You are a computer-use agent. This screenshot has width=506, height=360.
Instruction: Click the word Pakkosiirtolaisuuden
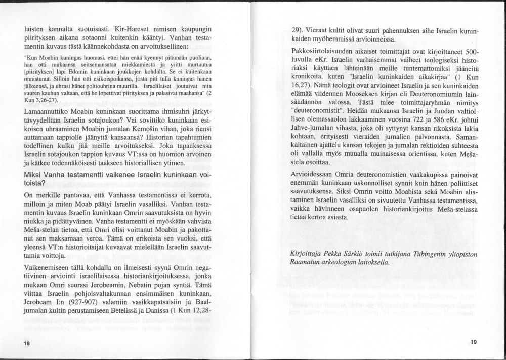(x=328, y=53)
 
